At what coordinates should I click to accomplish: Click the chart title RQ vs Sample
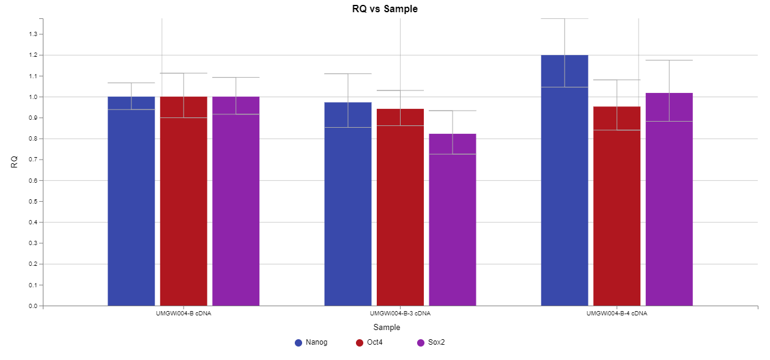(385, 9)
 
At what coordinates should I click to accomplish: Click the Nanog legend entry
(311, 342)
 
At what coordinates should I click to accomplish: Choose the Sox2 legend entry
(431, 342)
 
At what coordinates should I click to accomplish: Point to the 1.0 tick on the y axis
(33, 97)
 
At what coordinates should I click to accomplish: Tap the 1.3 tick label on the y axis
(33, 34)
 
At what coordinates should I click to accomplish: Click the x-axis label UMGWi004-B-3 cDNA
(400, 314)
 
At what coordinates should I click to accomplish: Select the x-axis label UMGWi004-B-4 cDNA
(616, 314)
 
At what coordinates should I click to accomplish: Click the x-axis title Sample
(387, 328)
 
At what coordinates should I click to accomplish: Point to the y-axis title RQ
(14, 162)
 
